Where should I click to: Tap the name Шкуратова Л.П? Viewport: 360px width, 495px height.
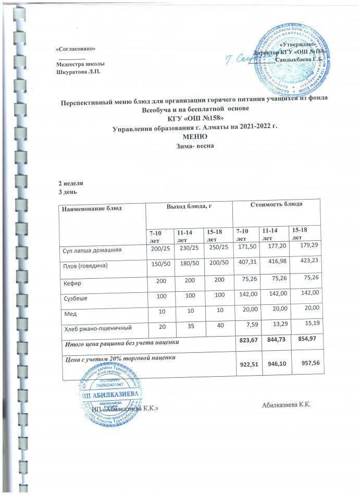77,71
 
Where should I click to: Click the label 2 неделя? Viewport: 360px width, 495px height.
70,184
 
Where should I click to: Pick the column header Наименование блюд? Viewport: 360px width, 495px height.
92,208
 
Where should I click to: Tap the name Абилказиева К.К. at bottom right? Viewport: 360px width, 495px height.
286,405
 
